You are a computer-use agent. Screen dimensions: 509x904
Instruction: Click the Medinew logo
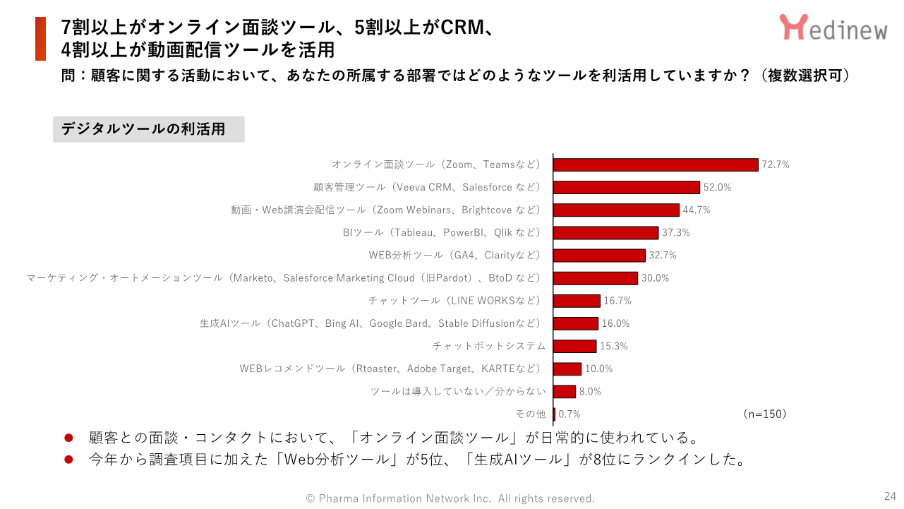click(x=833, y=28)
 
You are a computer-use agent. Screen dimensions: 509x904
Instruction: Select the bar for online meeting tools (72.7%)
click(x=656, y=164)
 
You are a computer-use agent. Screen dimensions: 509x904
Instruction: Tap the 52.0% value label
click(x=716, y=188)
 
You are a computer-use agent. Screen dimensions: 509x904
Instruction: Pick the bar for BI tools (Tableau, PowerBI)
click(x=605, y=232)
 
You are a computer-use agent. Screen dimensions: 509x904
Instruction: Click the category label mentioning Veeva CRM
click(x=427, y=187)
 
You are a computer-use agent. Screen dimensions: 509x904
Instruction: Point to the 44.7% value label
click(x=696, y=210)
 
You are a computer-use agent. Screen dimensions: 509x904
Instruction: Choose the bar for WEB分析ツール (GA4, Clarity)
click(x=599, y=255)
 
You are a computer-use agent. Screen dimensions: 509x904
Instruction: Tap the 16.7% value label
click(x=617, y=301)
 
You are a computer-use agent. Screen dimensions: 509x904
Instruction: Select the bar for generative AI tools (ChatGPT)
click(x=576, y=323)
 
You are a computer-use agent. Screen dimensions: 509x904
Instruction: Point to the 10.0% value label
click(x=598, y=369)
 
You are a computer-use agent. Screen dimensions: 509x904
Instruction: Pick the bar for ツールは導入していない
click(x=565, y=391)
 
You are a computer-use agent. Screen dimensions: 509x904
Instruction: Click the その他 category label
click(x=531, y=414)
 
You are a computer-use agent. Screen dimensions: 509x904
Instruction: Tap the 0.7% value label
click(x=569, y=414)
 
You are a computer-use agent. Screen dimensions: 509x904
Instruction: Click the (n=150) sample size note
click(x=764, y=414)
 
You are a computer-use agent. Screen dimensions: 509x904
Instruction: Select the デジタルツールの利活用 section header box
click(x=149, y=129)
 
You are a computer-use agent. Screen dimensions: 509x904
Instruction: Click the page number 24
click(x=890, y=496)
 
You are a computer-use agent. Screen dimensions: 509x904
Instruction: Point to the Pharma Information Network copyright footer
click(x=450, y=498)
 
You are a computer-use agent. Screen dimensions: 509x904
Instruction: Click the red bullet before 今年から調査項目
click(x=69, y=460)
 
